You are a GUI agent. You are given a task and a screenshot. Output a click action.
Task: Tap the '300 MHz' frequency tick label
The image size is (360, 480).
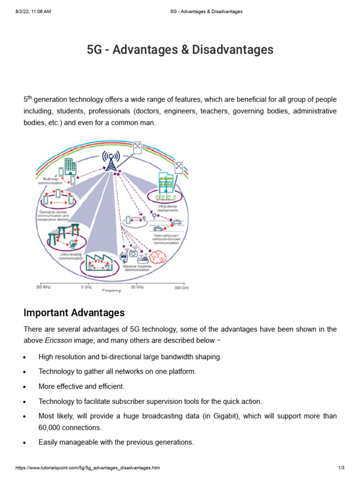click(43, 287)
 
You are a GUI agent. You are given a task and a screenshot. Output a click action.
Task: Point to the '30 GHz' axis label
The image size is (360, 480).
click(137, 287)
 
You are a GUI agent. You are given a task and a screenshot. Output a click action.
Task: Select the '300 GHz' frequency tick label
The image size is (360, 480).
click(182, 287)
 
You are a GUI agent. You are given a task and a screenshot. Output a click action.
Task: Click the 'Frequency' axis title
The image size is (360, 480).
click(112, 291)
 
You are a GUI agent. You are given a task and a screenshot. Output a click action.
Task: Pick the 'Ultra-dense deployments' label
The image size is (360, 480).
click(168, 209)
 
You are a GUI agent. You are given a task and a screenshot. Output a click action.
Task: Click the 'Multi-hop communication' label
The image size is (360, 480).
click(50, 181)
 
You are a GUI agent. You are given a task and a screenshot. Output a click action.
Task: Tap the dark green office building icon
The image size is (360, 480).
click(70, 165)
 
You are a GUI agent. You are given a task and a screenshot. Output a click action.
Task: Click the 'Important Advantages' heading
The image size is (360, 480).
click(74, 313)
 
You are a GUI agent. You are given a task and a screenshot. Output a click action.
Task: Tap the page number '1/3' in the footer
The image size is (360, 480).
click(341, 468)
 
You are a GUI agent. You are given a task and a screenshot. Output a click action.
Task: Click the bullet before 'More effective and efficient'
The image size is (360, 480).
click(24, 387)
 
